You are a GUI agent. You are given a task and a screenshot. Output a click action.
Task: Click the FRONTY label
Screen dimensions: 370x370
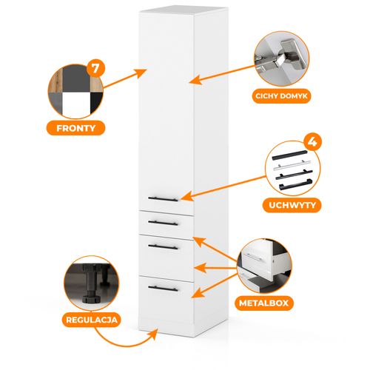point(76,128)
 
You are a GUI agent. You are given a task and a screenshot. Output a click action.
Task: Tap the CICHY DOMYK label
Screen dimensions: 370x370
point(281,96)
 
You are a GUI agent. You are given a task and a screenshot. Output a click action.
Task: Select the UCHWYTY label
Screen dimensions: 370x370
point(292,205)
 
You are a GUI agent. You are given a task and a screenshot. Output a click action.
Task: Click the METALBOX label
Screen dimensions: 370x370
point(263,303)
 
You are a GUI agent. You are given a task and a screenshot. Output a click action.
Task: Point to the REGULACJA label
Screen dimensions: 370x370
point(92,320)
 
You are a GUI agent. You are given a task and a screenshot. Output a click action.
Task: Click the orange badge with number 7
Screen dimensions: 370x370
point(95,68)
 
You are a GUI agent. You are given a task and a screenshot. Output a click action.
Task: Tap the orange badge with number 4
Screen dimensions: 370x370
point(312,142)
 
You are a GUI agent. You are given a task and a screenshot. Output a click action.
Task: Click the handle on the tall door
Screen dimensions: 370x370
point(163,199)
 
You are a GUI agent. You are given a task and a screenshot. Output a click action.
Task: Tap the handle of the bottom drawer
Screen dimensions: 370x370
point(163,289)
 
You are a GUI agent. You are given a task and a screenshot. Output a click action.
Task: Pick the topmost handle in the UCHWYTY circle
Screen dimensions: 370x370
point(290,155)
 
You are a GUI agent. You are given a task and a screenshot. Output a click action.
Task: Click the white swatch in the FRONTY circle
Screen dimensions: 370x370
point(76,104)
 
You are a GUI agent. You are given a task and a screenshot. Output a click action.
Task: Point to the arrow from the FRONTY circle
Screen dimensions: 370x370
point(125,78)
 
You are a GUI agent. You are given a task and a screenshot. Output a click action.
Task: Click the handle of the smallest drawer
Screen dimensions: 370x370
point(163,223)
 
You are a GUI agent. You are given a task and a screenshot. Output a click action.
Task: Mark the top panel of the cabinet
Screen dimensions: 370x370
point(184,10)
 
